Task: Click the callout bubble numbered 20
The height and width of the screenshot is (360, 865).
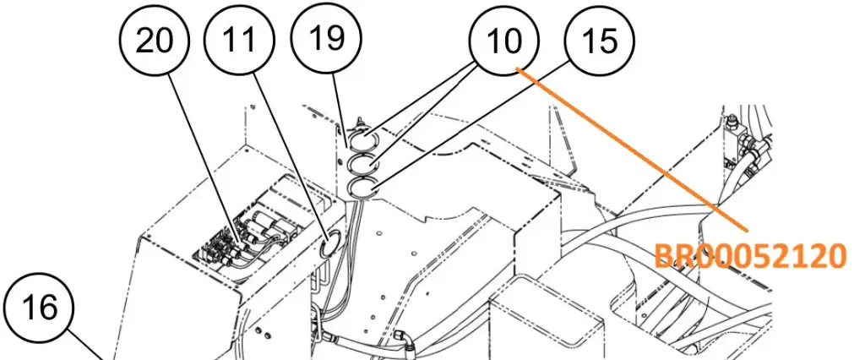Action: [154, 41]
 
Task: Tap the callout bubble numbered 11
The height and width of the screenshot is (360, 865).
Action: [239, 41]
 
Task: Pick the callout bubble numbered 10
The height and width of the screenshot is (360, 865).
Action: [503, 41]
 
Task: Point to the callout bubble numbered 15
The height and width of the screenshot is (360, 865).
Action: [599, 41]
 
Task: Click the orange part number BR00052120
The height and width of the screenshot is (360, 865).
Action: [750, 256]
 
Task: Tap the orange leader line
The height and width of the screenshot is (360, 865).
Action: [632, 149]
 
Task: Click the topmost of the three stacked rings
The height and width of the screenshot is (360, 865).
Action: [363, 134]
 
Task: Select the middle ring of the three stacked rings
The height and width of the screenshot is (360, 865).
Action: [363, 163]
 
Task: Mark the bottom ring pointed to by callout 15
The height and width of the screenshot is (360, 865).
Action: [363, 188]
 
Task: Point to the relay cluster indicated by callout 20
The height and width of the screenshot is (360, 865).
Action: [242, 240]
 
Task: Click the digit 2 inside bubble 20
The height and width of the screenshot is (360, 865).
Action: [144, 41]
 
